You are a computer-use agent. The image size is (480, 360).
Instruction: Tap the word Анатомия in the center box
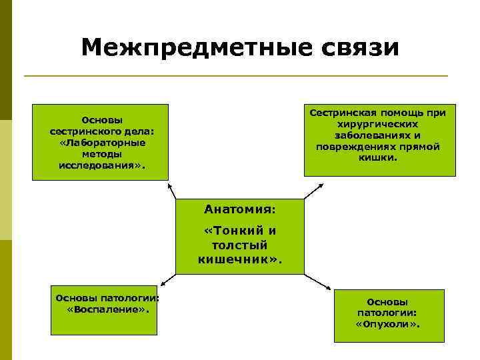[239, 209]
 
